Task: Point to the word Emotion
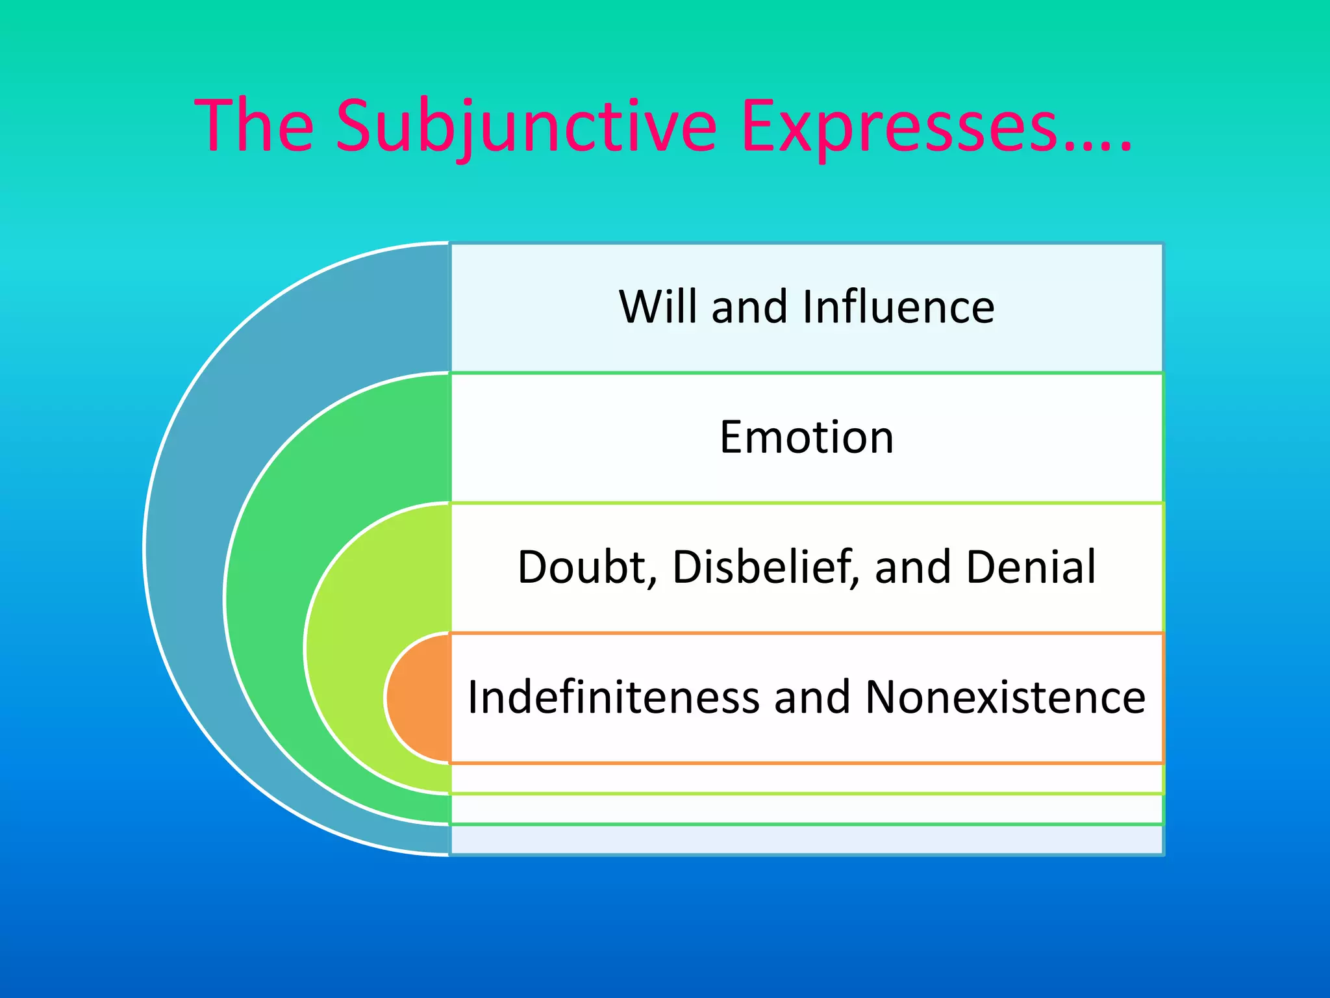pos(807,437)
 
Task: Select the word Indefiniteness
pos(613,697)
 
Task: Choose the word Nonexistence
pos(1005,697)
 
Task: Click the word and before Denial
pos(912,567)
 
